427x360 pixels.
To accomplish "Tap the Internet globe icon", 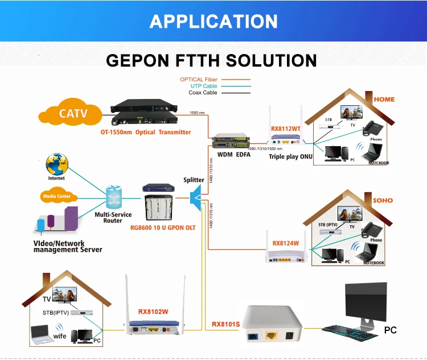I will pos(57,164).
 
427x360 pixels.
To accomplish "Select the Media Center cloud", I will pos(57,196).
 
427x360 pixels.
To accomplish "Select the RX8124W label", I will pos(286,243).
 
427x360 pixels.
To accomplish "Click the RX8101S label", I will pos(226,324).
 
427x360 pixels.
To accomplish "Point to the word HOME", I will pos(384,99).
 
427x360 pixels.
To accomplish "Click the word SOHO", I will pos(383,200).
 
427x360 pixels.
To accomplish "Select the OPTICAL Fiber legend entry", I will pos(199,80).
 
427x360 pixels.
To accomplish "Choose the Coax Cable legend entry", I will pos(203,92).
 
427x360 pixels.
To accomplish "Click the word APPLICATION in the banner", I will pos(213,22).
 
